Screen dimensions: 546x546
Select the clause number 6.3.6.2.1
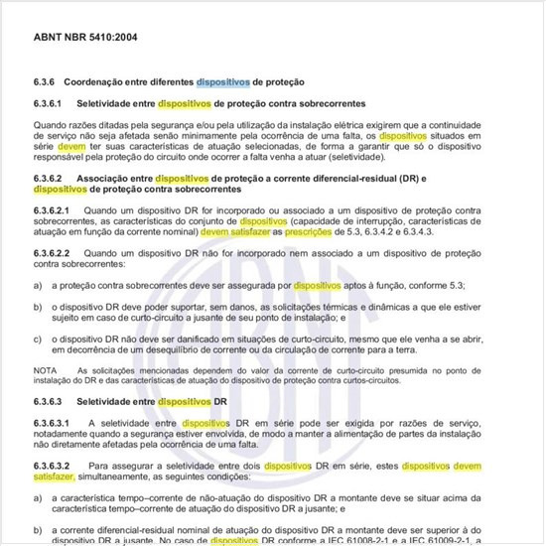point(54,211)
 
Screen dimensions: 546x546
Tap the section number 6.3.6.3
point(51,403)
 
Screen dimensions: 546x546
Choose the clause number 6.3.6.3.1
point(54,424)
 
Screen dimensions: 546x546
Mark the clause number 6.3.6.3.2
point(54,466)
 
